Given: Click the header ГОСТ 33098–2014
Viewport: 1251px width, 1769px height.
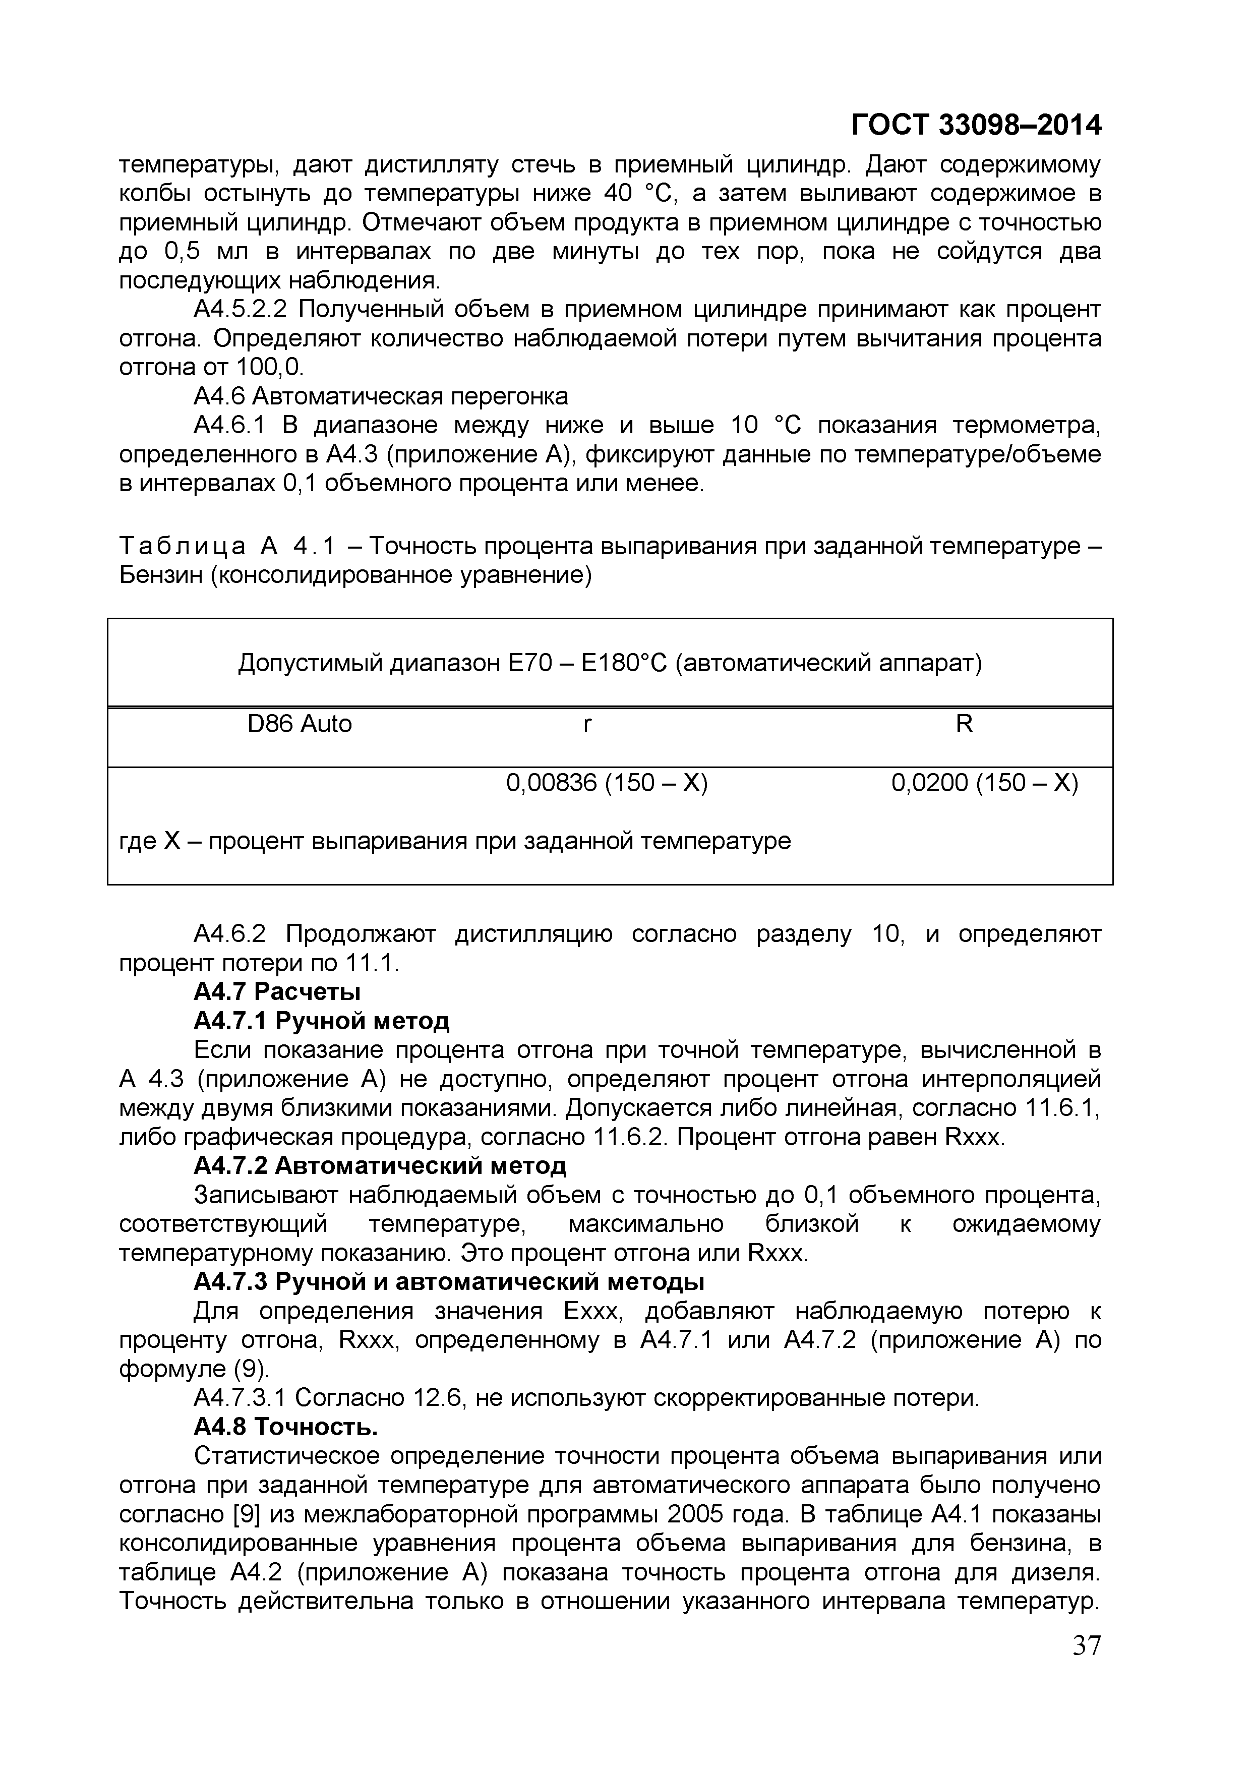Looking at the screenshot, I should (x=976, y=125).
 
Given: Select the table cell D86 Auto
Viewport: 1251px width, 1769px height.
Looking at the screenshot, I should (x=299, y=724).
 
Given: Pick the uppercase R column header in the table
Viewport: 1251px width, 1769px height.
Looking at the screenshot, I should (x=964, y=724).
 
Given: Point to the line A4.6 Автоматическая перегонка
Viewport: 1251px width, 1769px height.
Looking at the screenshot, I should (x=381, y=396).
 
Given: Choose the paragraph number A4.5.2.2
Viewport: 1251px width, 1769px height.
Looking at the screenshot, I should (x=240, y=309).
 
